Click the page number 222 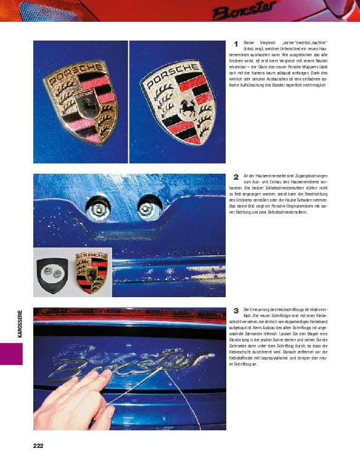click(38, 445)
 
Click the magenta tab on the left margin click(11, 353)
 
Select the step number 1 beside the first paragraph click(235, 44)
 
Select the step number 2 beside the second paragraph click(235, 177)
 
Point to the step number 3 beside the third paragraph click(235, 310)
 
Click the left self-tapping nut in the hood click(98, 209)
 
